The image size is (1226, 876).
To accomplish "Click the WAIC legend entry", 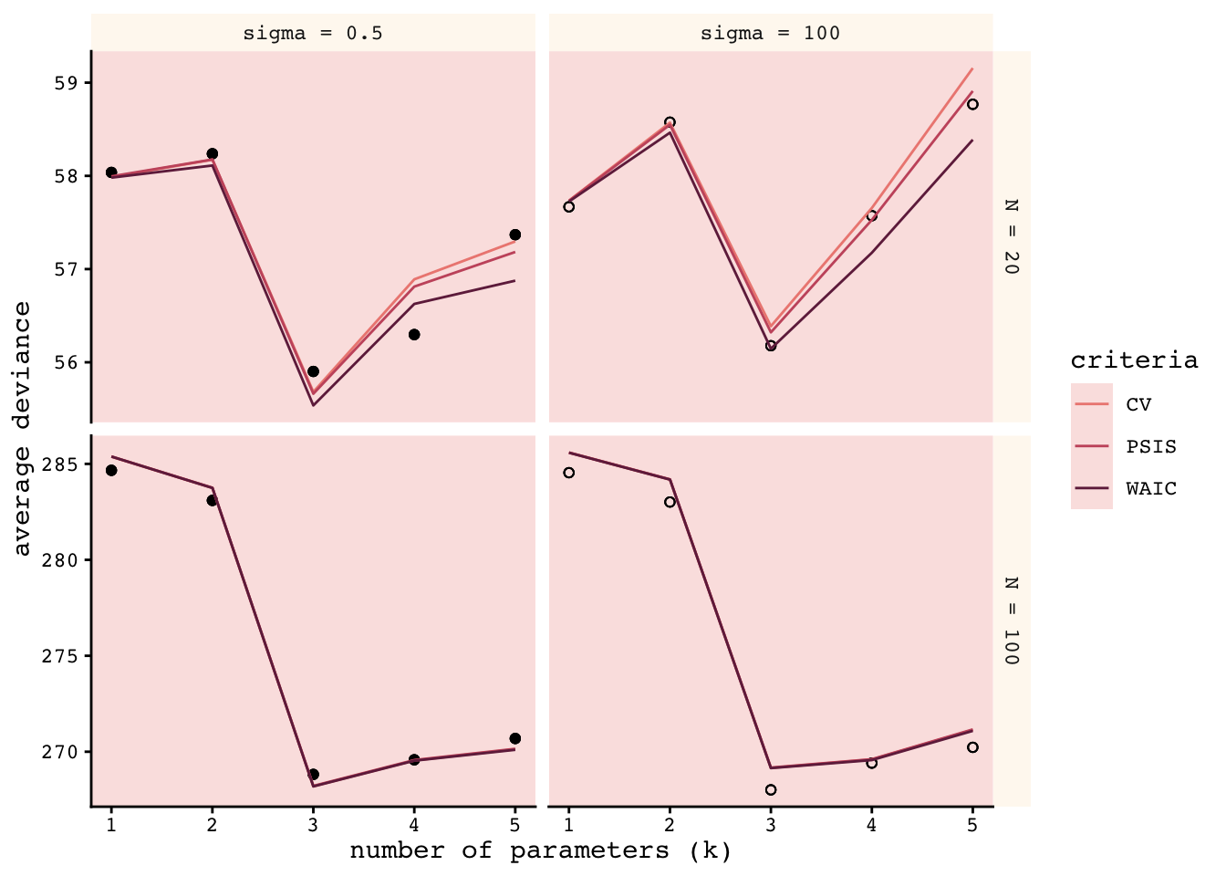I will tap(1151, 489).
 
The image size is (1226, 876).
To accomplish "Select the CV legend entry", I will tap(1138, 405).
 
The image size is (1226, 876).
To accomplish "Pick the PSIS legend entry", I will tap(1151, 447).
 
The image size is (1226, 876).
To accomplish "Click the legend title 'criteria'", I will tap(1134, 360).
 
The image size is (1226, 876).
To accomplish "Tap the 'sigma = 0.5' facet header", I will tap(313, 34).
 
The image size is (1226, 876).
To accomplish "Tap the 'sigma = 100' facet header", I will tap(770, 34).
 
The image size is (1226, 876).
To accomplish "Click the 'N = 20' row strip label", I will tap(1011, 236).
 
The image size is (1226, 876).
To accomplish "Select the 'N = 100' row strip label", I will tap(1011, 620).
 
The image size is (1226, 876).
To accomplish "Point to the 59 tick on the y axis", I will tap(68, 83).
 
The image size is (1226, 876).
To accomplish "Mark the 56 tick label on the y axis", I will tap(68, 362).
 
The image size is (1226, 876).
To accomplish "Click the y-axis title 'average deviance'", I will tap(23, 429).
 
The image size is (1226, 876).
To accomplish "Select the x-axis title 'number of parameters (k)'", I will tap(541, 851).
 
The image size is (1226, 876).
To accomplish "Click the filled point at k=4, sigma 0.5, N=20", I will tap(414, 335).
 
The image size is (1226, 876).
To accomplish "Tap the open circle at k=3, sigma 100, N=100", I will tap(771, 790).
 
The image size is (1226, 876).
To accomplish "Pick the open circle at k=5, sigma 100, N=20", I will tap(972, 104).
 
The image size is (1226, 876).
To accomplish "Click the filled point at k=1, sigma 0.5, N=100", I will tap(111, 471).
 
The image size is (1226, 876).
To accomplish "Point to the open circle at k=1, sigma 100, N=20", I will tap(569, 207).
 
